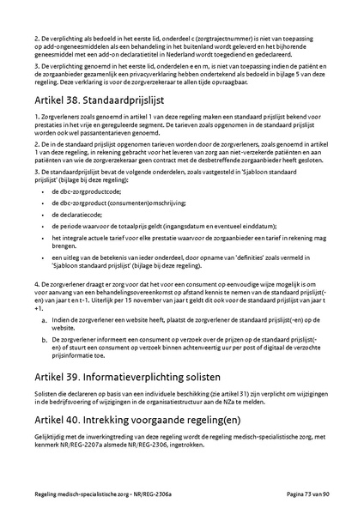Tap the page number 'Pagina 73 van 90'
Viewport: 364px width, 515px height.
point(316,496)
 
